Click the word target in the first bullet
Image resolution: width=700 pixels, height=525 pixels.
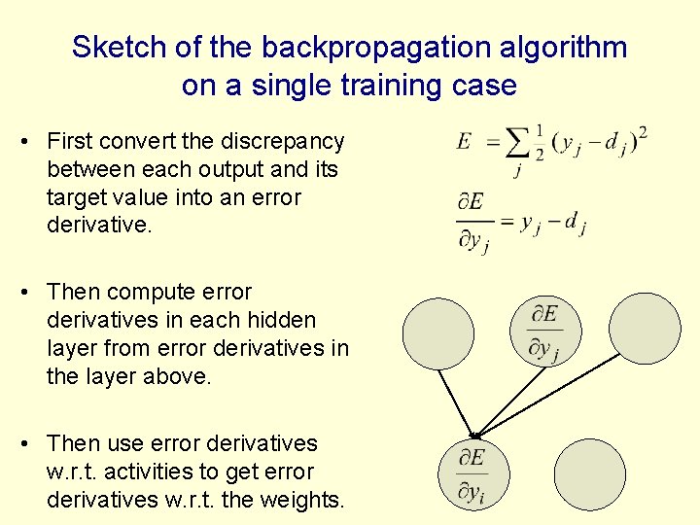point(79,197)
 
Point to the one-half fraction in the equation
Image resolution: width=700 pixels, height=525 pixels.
point(539,142)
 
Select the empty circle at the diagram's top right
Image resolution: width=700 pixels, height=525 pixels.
point(646,329)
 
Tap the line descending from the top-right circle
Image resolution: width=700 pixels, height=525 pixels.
point(552,393)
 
